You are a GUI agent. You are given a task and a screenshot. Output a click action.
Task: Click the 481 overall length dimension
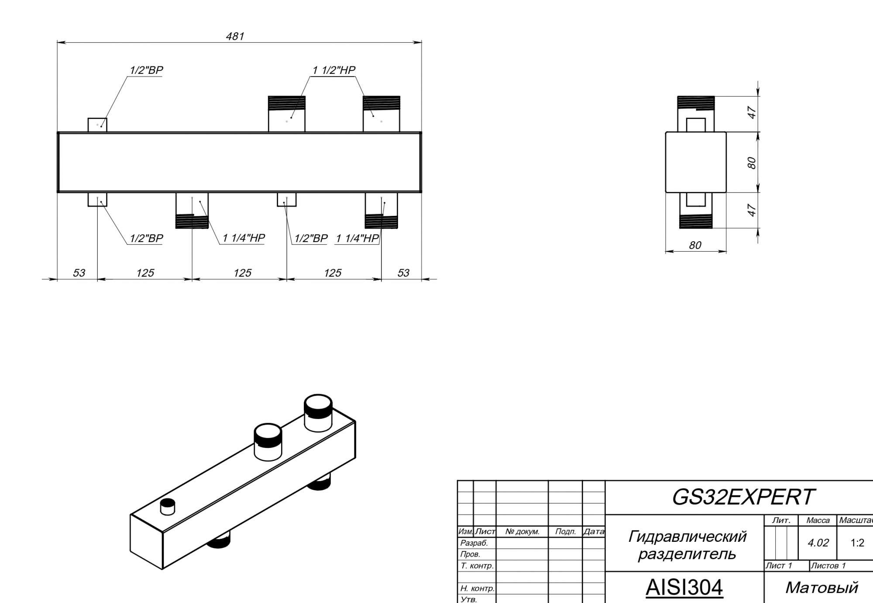tap(235, 36)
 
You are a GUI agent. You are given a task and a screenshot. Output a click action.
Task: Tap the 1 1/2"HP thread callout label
tap(334, 70)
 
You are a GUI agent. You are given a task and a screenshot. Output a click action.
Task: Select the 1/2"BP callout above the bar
tap(146, 70)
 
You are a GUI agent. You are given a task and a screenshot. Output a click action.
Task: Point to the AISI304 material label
tap(684, 587)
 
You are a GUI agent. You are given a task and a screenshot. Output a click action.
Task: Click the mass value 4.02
tap(818, 543)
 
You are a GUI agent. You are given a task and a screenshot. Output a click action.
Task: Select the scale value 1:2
tap(857, 543)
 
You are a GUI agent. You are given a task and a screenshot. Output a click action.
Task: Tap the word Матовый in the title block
tap(822, 588)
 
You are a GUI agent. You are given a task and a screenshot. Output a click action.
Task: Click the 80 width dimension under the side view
tap(695, 245)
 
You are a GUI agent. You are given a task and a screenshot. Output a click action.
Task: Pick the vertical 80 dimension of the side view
tap(751, 163)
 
